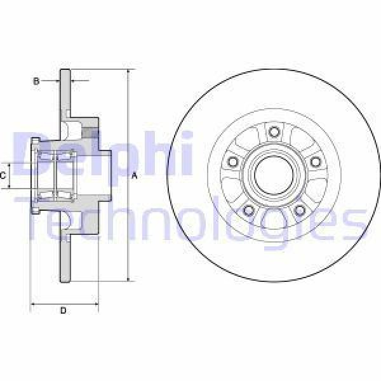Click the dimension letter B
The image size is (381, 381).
click(36, 81)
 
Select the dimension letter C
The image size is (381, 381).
click(4, 175)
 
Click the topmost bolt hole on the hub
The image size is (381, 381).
click(274, 131)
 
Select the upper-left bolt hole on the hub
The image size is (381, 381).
click(233, 161)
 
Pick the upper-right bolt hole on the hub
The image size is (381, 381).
click(314, 161)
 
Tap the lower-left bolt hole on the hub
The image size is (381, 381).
click(249, 209)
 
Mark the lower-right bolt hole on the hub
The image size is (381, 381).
click(299, 209)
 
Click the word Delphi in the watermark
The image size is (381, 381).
click(102, 152)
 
